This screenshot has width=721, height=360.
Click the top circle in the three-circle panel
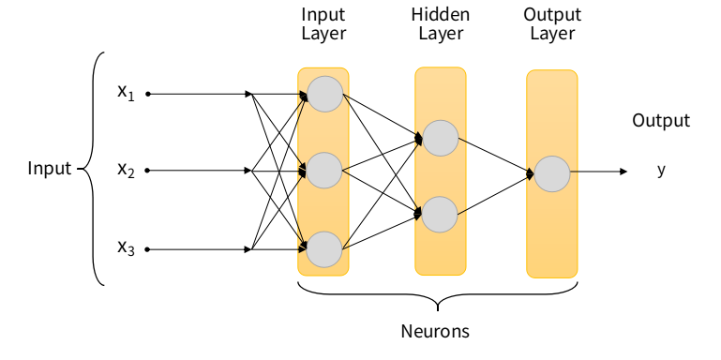(x=324, y=94)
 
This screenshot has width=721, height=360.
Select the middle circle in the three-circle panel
(x=324, y=171)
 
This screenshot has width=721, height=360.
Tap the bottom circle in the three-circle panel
(x=324, y=249)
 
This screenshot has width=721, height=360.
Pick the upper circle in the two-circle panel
(x=441, y=138)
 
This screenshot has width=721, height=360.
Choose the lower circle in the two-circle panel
(x=440, y=215)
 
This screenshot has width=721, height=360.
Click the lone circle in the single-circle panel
(x=552, y=173)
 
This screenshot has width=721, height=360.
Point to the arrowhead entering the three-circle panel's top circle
(x=303, y=96)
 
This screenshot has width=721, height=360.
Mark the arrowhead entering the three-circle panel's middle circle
(x=302, y=171)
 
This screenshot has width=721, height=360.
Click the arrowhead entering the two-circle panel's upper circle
(x=418, y=139)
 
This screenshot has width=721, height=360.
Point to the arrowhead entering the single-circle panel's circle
(x=530, y=173)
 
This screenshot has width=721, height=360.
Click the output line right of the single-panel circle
(x=574, y=172)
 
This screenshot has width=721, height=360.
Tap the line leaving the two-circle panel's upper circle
(x=462, y=141)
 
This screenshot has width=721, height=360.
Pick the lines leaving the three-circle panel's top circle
(x=346, y=97)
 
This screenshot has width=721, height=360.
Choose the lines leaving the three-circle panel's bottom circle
(x=346, y=245)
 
